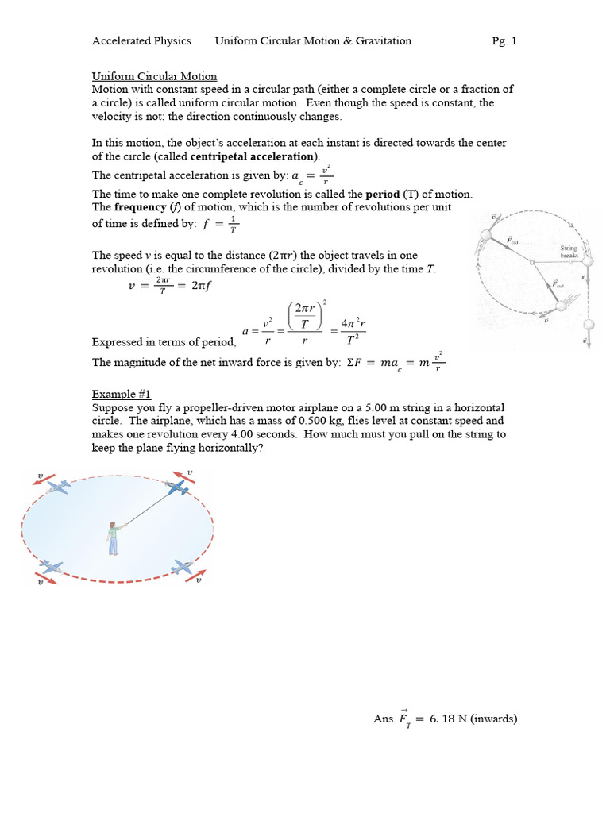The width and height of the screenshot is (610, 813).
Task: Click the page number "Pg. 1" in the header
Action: pos(504,40)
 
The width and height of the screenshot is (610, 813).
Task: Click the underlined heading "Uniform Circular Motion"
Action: pos(154,76)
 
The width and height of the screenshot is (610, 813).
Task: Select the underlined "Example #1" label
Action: pos(121,394)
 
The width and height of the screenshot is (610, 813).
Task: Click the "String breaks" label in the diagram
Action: pos(569,252)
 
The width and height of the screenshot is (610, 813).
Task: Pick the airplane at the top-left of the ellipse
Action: pos(58,486)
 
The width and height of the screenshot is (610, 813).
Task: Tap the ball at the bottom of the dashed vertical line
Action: pos(589,325)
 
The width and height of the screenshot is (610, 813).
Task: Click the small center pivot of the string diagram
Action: pos(531,263)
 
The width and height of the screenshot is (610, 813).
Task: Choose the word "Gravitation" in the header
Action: pos(386,40)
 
